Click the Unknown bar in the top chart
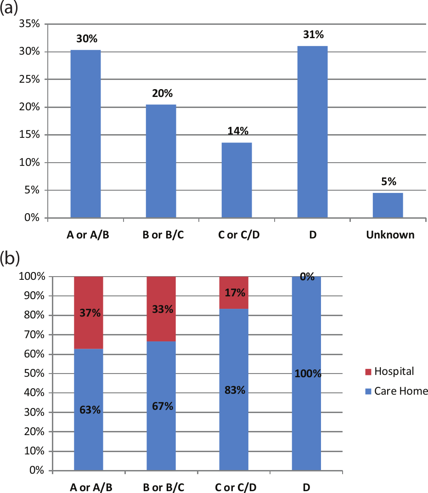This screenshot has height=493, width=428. pyautogui.click(x=388, y=205)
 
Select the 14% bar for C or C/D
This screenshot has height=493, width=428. pyautogui.click(x=237, y=180)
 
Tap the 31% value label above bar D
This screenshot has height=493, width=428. pyautogui.click(x=313, y=34)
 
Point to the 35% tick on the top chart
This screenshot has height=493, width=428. pyautogui.click(x=29, y=23)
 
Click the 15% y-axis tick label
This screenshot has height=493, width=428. pyautogui.click(x=29, y=135)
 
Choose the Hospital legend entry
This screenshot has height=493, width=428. pyautogui.click(x=390, y=371)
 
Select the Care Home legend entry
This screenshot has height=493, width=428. pyautogui.click(x=397, y=391)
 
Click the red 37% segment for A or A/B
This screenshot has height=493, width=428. pyautogui.click(x=89, y=312)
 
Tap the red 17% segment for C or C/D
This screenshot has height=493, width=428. pyautogui.click(x=234, y=293)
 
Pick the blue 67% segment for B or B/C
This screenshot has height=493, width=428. pyautogui.click(x=161, y=406)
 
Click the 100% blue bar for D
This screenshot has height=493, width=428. pyautogui.click(x=306, y=374)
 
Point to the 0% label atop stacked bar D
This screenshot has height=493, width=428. pyautogui.click(x=307, y=277)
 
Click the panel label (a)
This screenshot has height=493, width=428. pyautogui.click(x=9, y=8)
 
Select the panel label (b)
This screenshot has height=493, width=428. pyautogui.click(x=10, y=259)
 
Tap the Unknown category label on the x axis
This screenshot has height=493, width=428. pyautogui.click(x=390, y=235)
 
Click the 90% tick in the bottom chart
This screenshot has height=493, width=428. pyautogui.click(x=34, y=296)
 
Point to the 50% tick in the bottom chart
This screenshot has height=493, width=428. pyautogui.click(x=34, y=373)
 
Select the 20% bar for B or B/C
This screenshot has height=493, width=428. pyautogui.click(x=161, y=161)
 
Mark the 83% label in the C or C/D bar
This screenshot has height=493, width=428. pyautogui.click(x=235, y=390)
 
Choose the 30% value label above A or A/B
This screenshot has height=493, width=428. pyautogui.click(x=87, y=39)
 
